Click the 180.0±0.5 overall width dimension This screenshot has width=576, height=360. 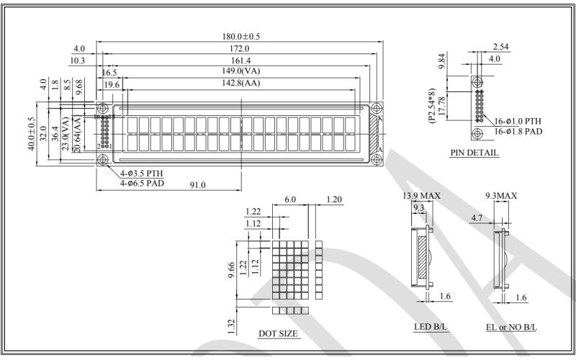[x=240, y=36]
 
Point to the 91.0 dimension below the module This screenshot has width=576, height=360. [x=198, y=185]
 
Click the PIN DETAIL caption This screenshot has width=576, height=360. [x=474, y=153]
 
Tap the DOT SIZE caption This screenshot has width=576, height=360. [x=278, y=335]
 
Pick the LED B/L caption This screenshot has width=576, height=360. [x=430, y=327]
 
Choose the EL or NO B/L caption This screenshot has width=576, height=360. [x=512, y=327]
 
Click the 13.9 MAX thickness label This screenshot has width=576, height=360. [x=422, y=196]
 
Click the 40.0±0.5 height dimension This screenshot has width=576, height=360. [x=32, y=133]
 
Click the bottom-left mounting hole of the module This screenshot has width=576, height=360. [x=103, y=159]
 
